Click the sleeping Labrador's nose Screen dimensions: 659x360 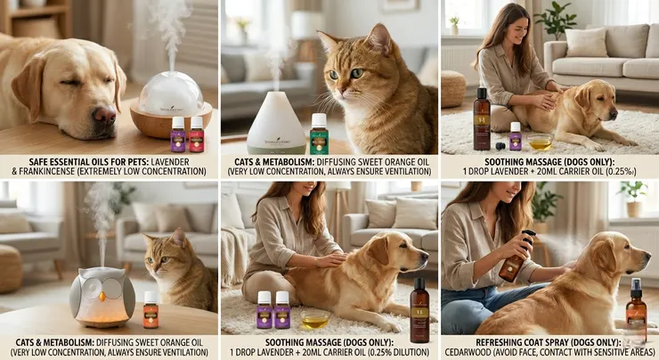[105, 114]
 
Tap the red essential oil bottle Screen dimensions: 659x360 [196, 135]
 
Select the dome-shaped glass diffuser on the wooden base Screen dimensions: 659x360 [171, 105]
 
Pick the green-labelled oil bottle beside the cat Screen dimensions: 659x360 [319, 135]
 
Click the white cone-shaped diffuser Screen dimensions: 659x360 [276, 123]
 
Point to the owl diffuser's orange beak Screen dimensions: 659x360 [102, 297]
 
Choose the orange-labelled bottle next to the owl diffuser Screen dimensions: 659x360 [151, 310]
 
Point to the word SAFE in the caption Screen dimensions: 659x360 [38, 162]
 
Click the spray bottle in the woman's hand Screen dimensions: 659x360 [515, 257]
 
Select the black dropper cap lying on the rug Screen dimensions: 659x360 [500, 146]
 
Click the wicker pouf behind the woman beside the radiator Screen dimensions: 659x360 [453, 88]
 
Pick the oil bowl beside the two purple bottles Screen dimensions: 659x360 [314, 319]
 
